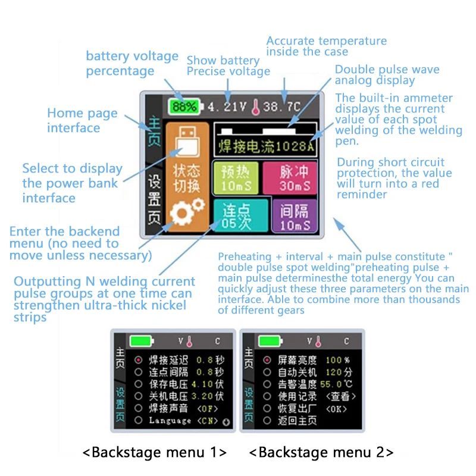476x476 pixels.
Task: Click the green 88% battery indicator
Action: click(185, 107)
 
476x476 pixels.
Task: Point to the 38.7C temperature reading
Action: click(282, 107)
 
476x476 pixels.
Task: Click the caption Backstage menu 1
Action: click(154, 452)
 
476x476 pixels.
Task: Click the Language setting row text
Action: click(170, 420)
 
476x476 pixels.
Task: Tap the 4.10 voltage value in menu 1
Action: click(204, 384)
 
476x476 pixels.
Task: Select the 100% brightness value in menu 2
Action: click(337, 360)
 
